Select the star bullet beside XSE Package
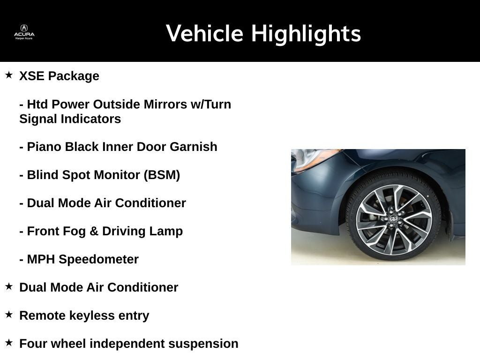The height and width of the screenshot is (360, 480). [9, 75]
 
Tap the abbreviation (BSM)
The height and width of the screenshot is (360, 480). [162, 175]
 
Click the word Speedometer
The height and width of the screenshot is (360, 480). [98, 259]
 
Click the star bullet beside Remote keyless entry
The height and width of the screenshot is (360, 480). [9, 315]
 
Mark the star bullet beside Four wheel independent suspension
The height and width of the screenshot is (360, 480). [9, 343]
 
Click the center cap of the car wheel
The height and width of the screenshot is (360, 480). [394, 220]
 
